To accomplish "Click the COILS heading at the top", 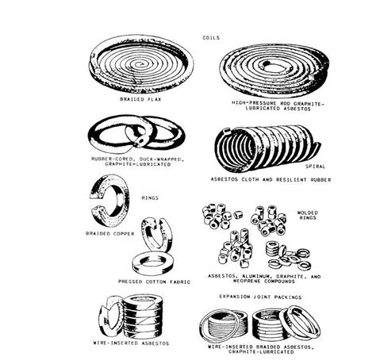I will pos(210,37).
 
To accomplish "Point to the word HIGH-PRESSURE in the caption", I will pos(236,102).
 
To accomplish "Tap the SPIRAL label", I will pos(316,167).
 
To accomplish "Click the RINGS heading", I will pos(149,198).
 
